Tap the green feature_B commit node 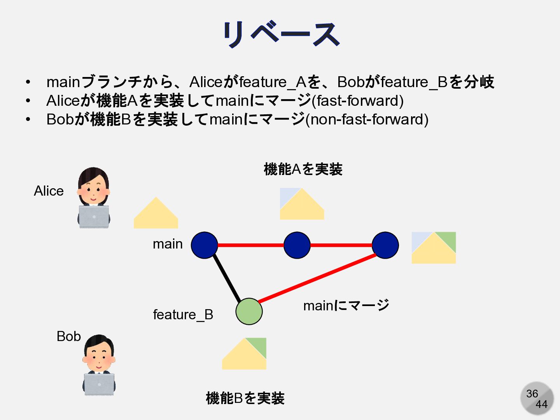[249, 311]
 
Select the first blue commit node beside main [204, 245]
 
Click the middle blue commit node [297, 245]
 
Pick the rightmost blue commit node [385, 245]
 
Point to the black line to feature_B [227, 278]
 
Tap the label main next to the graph [168, 244]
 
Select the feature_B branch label [183, 314]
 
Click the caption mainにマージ [346, 305]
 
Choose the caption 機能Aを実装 [303, 169]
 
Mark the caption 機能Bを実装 [245, 398]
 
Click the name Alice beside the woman [49, 191]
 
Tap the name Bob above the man [68, 336]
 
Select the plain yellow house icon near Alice [156, 214]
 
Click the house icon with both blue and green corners [434, 248]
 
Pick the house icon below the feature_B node [244, 354]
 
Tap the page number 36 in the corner [532, 394]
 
